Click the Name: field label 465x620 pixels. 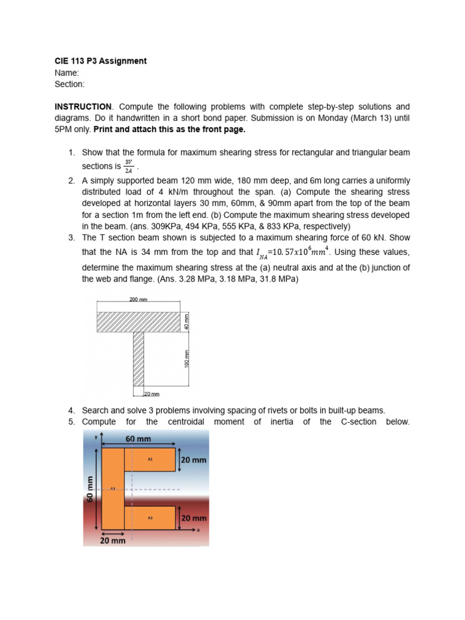click(x=67, y=73)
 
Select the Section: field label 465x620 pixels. click(x=70, y=84)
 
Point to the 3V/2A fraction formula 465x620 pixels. click(x=128, y=165)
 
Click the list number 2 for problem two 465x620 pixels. click(x=71, y=180)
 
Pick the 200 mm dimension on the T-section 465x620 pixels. click(x=139, y=299)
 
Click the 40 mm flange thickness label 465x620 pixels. click(x=186, y=322)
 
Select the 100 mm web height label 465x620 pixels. click(x=186, y=358)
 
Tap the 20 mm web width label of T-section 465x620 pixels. click(x=151, y=394)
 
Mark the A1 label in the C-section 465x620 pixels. click(x=150, y=460)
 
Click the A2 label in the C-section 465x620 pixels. click(x=150, y=518)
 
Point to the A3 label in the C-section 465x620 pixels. click(x=113, y=489)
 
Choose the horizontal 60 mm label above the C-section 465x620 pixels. click(x=139, y=439)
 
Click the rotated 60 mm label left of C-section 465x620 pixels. click(x=90, y=489)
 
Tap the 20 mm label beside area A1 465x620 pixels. click(x=194, y=460)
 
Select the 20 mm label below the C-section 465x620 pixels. click(x=113, y=540)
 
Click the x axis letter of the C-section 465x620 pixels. click(x=198, y=530)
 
